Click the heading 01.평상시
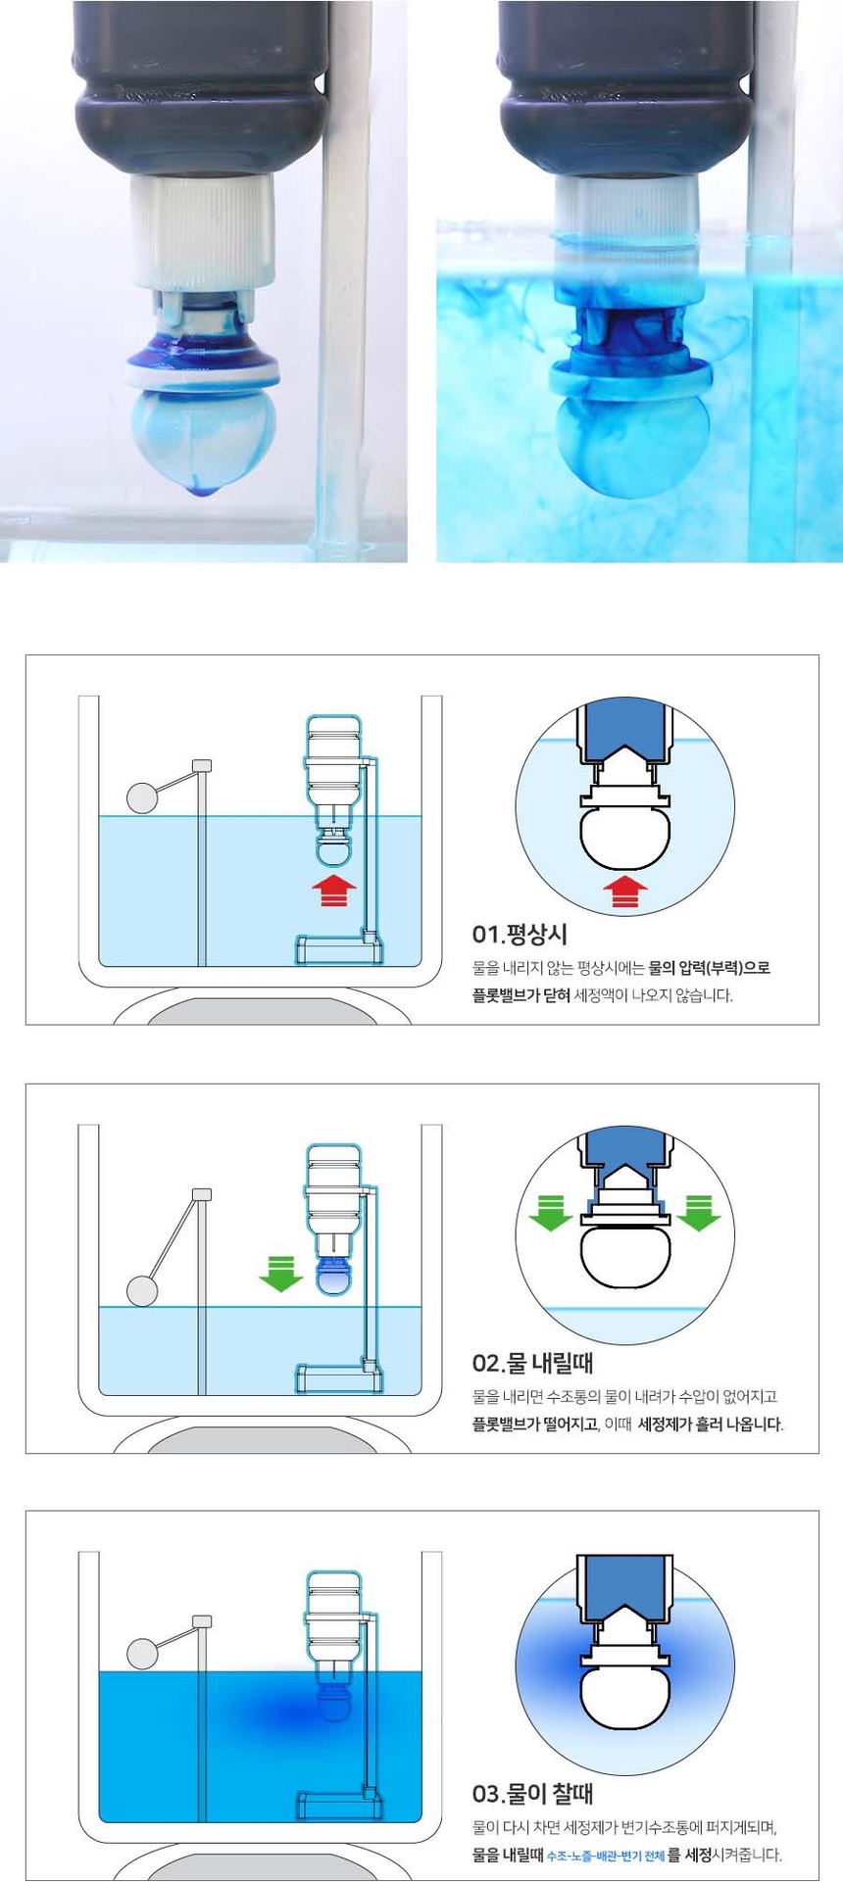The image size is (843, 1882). coord(520,934)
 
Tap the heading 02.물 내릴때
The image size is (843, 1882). coord(532,1363)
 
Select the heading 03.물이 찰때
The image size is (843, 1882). coord(532,1794)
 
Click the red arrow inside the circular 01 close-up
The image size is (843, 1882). coord(624,892)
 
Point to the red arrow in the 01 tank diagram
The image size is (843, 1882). coord(334,891)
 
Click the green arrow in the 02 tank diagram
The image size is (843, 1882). coord(281,1273)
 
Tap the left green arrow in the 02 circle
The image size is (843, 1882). coord(551,1212)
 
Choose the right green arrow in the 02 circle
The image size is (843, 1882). coord(699,1212)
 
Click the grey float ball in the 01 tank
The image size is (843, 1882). coord(142,797)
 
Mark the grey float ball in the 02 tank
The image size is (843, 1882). coord(142,1290)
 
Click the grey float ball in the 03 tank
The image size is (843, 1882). coord(142,1655)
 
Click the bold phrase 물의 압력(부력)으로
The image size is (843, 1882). coord(709,968)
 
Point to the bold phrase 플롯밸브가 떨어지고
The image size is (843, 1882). coord(535,1424)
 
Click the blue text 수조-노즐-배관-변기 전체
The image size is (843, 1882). coord(605,1856)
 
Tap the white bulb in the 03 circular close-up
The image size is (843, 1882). coord(624,1700)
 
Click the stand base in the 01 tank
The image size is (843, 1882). coord(338,949)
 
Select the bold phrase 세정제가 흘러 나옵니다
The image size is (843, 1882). coord(710,1424)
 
